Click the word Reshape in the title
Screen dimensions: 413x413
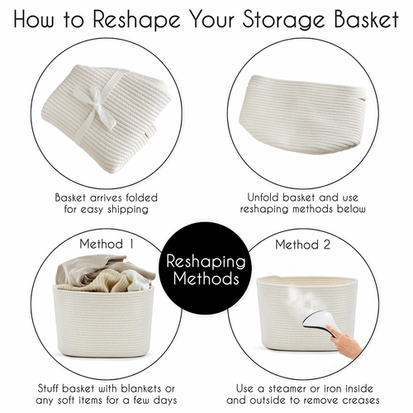click(136, 20)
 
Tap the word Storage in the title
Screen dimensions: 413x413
click(283, 20)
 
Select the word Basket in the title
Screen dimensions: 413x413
click(367, 19)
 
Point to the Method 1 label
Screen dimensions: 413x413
click(107, 244)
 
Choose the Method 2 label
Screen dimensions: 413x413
click(303, 244)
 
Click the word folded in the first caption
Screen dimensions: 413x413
click(141, 197)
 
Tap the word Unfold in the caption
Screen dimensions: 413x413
click(263, 197)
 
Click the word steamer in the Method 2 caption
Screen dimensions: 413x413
click(290, 389)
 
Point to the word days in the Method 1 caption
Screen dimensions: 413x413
click(165, 400)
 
